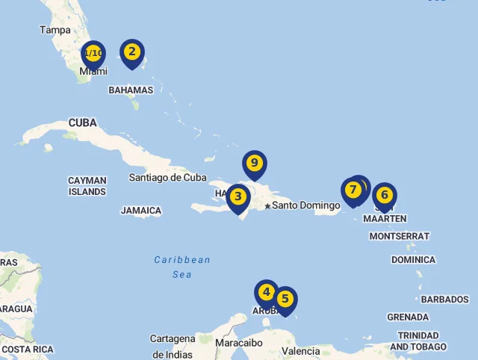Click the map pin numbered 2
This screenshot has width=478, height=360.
(132, 52)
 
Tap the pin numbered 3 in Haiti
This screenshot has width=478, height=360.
(238, 197)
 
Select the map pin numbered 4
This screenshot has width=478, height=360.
(267, 292)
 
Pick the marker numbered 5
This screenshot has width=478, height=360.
(285, 299)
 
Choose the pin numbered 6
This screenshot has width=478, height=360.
(385, 196)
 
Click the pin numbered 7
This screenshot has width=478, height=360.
(353, 190)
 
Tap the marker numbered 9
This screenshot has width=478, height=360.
(255, 164)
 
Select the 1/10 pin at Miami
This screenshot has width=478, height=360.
(93, 54)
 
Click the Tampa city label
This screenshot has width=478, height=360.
(55, 31)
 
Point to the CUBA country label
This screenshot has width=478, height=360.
(82, 122)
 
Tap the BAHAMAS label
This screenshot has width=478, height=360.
(131, 90)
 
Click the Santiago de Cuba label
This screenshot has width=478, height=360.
(167, 178)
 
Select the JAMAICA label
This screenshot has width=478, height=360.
(141, 211)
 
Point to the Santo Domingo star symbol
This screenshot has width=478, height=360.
(267, 205)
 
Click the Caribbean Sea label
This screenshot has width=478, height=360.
(182, 267)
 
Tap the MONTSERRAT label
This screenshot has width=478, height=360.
(399, 236)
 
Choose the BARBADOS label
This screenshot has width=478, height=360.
(444, 300)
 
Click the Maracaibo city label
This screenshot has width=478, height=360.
(238, 343)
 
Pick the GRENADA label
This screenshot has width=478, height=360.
(408, 317)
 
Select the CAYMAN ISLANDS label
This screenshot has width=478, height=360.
(87, 186)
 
